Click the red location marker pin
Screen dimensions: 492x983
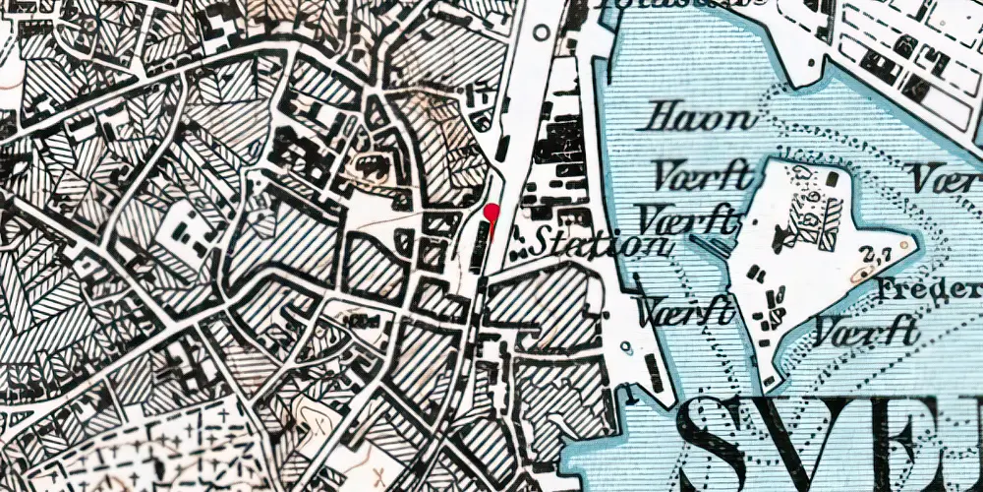491,212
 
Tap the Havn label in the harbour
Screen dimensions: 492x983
697,119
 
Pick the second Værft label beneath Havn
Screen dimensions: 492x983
689,217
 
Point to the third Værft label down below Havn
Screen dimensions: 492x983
685,311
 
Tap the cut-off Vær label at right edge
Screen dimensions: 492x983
945,178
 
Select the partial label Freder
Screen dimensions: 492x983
930,290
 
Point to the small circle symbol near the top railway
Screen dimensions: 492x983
541,32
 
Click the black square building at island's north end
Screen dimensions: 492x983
833,178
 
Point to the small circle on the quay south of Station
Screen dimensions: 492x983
625,346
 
